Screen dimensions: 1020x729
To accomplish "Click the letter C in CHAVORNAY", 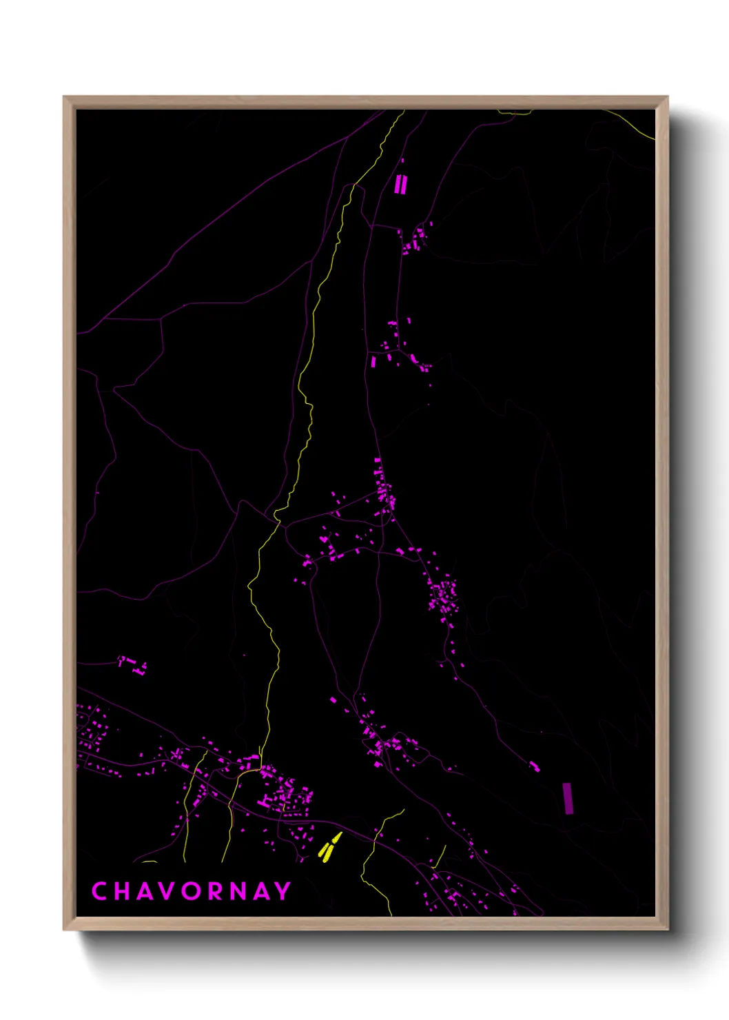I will (99, 891).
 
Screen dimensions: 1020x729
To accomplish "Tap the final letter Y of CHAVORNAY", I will (283, 891).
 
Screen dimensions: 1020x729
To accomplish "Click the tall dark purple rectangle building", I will (568, 799).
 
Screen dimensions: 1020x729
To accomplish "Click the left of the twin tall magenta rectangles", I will (398, 185).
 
